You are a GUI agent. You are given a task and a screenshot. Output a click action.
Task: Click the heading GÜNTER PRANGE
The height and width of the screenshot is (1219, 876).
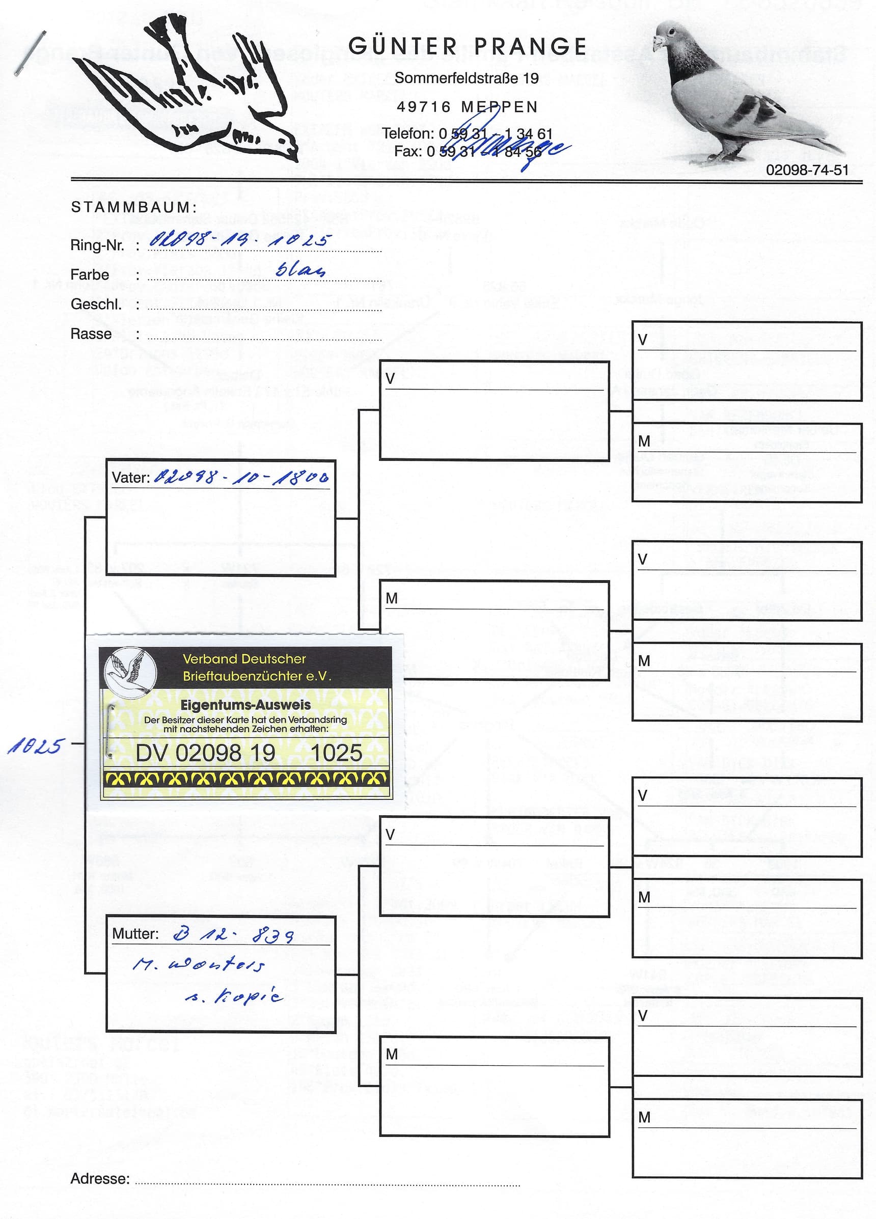click(x=467, y=47)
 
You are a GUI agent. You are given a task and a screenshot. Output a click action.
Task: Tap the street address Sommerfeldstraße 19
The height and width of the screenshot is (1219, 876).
click(x=466, y=78)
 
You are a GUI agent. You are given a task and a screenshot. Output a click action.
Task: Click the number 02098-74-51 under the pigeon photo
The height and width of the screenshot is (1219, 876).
click(x=807, y=171)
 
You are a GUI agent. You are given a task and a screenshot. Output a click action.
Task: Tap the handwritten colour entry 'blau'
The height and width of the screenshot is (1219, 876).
click(x=300, y=269)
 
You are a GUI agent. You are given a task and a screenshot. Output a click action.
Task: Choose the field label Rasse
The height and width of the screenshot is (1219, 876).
click(x=91, y=334)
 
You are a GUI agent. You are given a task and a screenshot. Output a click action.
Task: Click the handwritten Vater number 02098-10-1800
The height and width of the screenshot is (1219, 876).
click(x=241, y=477)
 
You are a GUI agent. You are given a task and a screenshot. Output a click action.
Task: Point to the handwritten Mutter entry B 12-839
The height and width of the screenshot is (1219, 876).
click(x=233, y=936)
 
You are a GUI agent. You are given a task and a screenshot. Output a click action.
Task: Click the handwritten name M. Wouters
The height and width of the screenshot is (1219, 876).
click(x=199, y=965)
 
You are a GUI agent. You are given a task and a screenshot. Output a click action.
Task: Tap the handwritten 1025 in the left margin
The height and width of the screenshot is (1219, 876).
click(x=36, y=746)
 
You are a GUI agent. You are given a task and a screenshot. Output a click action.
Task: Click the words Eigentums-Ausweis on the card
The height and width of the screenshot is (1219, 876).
click(x=245, y=705)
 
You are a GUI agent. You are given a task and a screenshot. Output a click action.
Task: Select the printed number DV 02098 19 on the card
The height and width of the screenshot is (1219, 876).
click(x=205, y=753)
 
